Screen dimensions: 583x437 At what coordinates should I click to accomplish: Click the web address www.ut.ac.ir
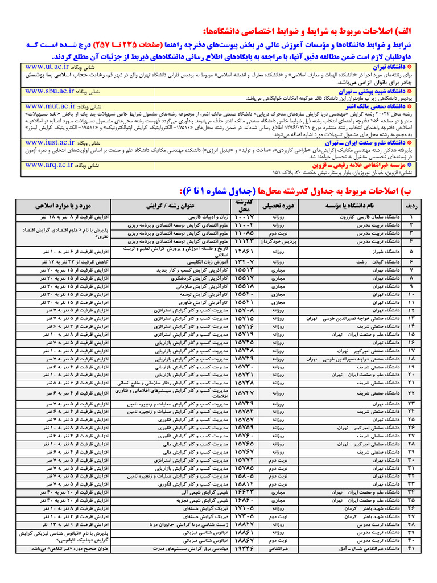click(x=48, y=67)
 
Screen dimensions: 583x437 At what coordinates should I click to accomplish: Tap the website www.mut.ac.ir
click(x=52, y=106)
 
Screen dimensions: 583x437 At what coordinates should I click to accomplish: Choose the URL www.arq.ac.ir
click(x=50, y=165)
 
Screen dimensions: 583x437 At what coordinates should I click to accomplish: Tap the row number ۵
click(x=410, y=251)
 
